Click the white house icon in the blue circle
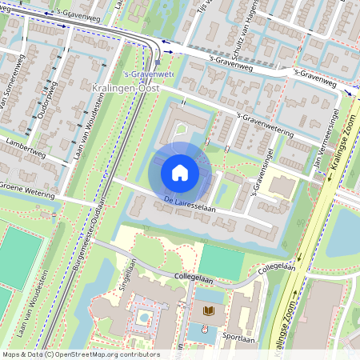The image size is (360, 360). click(180, 172)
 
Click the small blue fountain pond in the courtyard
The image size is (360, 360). click(142, 317)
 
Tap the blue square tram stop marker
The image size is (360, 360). click(158, 60)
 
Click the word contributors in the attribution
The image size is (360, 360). click(138, 354)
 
